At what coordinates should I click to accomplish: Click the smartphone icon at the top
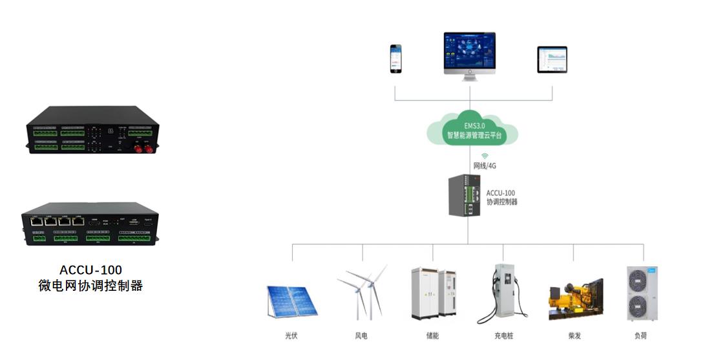coord(395,58)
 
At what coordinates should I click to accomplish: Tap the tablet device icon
coord(552,59)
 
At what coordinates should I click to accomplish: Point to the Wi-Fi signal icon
coord(485,156)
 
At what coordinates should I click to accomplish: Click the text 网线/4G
coord(485,165)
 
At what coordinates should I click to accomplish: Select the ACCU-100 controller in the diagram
coord(465,196)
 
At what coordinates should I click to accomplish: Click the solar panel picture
coord(292,301)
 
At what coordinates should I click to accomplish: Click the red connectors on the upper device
coord(143,149)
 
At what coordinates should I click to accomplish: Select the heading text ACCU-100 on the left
coord(90,270)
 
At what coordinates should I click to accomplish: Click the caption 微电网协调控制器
coord(90,285)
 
